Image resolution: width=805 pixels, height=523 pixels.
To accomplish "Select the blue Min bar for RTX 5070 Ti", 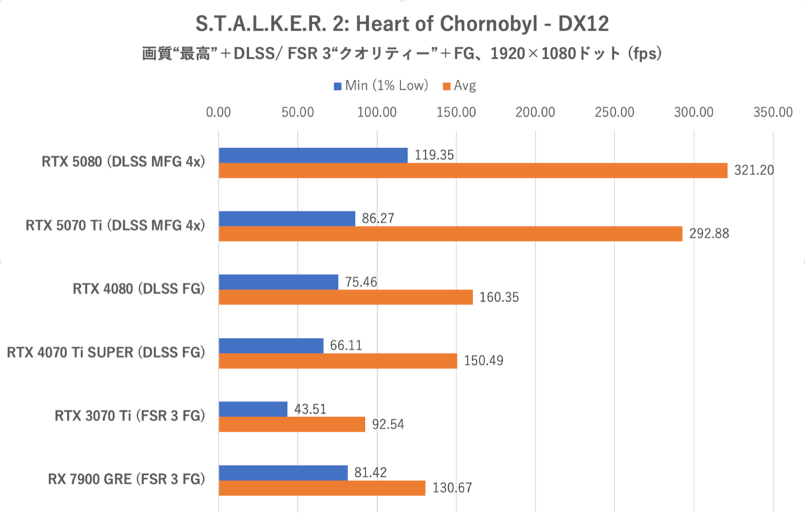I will click(x=287, y=218).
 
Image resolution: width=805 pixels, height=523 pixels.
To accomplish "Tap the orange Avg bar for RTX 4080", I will click(x=346, y=297).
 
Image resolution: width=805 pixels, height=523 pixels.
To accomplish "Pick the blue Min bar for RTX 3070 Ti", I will click(x=254, y=409).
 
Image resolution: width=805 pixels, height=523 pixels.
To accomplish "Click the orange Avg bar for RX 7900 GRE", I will click(x=322, y=488).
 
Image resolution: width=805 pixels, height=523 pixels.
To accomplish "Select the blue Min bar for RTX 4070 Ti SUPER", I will click(x=271, y=345).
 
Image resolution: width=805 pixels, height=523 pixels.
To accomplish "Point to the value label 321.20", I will click(x=754, y=170).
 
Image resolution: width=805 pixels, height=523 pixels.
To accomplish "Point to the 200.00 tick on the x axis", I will click(x=535, y=112).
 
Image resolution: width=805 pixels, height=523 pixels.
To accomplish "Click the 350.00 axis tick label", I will click(x=773, y=112).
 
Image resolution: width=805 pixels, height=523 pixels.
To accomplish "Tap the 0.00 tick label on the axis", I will click(x=218, y=112).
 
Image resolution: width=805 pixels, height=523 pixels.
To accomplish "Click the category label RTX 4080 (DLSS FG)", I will click(x=138, y=289).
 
